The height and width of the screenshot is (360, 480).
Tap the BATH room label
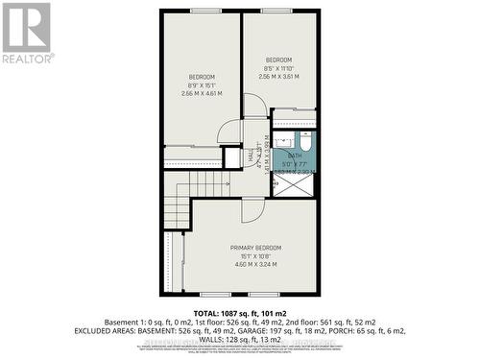point(294,156)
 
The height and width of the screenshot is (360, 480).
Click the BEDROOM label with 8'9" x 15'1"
point(202,76)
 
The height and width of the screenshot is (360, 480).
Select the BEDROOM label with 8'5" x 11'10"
point(278,60)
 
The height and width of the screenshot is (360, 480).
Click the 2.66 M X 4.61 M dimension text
point(202,93)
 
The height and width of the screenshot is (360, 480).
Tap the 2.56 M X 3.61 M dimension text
point(278,78)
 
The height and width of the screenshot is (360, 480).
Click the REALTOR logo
point(26,34)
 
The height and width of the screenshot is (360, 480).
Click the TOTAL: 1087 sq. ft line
point(239,314)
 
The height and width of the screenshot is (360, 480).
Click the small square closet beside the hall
point(232,158)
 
